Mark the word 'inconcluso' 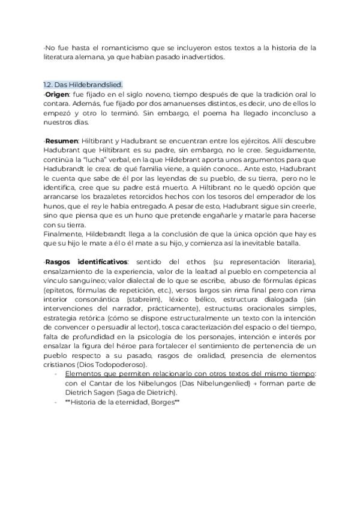(x=290, y=113)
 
